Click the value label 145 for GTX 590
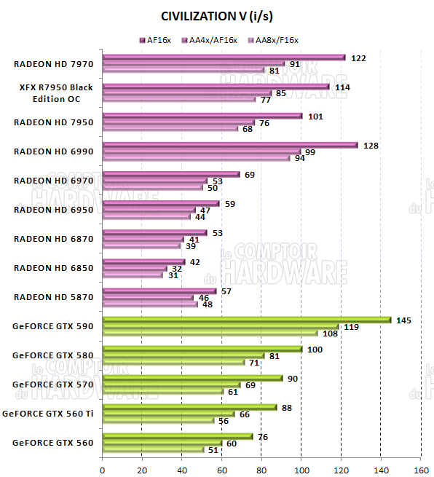(x=403, y=320)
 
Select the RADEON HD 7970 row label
(x=53, y=64)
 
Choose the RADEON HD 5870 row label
(x=53, y=297)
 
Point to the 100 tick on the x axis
(x=301, y=469)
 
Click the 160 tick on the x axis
(x=420, y=469)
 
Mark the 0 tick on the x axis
(x=103, y=469)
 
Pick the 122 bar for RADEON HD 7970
(x=224, y=57)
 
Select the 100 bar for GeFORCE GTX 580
(x=202, y=350)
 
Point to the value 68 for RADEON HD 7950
(x=248, y=129)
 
